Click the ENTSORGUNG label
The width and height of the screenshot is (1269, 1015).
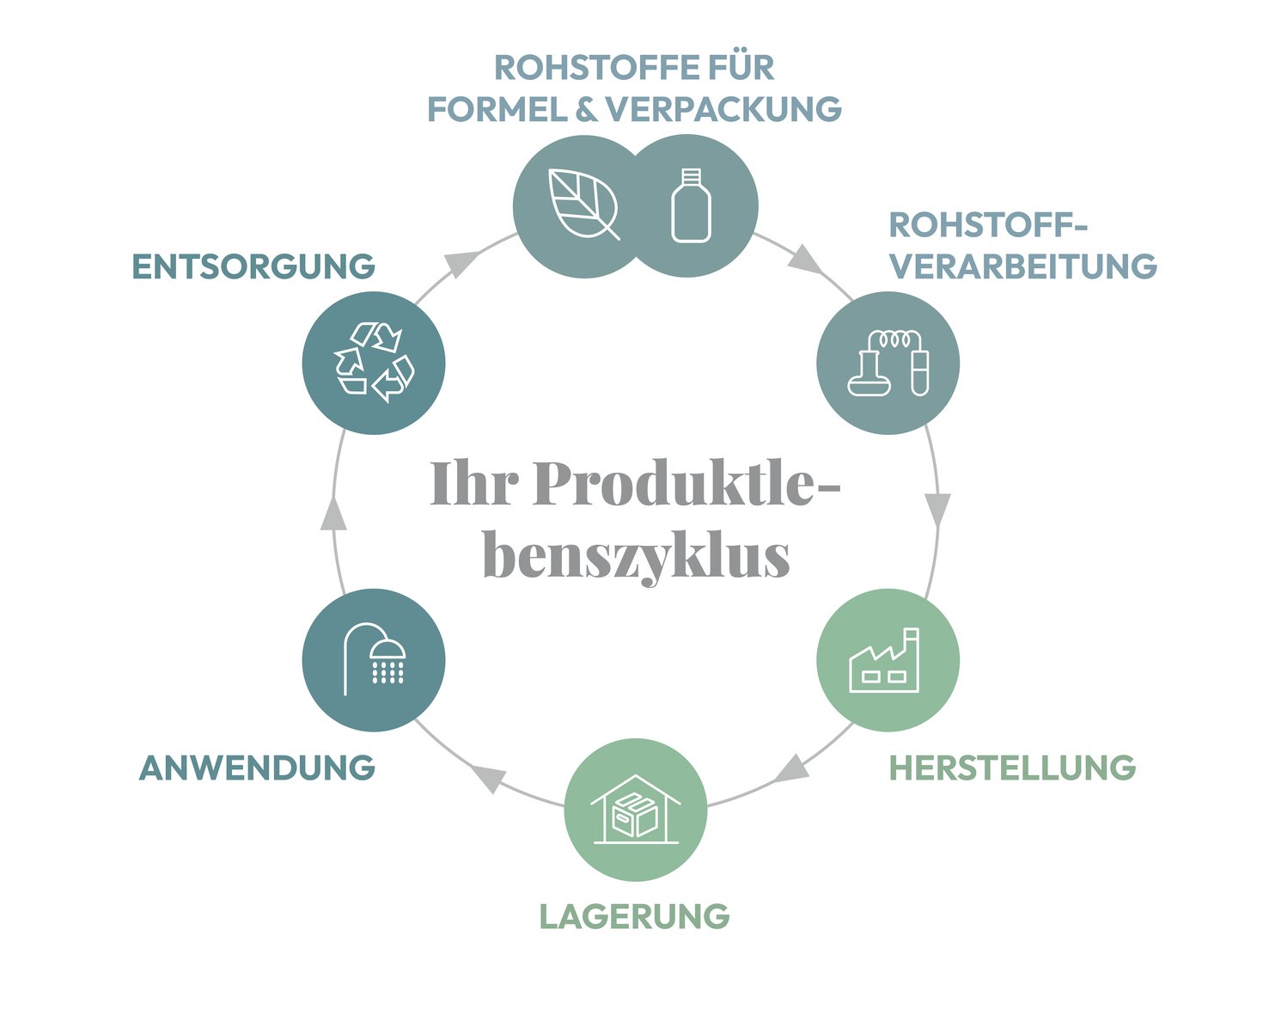tap(253, 266)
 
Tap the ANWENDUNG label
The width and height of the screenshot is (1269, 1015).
tap(257, 767)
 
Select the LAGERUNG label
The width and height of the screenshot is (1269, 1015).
tap(634, 916)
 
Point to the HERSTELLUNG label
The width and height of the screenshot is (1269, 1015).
tap(1012, 767)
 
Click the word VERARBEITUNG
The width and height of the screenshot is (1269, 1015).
tap(1023, 266)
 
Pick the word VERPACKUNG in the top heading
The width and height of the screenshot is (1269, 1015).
tap(723, 109)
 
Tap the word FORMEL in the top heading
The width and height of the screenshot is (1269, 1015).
tap(497, 109)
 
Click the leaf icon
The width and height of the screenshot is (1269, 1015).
tap(583, 204)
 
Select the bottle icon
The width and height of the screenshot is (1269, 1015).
tap(691, 205)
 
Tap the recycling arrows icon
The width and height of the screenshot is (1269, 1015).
tap(374, 362)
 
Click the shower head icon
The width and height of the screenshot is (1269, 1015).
tap(375, 660)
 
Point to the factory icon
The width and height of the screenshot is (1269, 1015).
tap(884, 660)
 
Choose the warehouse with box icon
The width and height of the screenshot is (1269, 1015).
tap(635, 810)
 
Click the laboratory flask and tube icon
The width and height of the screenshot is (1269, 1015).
tap(888, 363)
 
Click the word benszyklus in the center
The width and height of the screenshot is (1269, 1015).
tap(637, 557)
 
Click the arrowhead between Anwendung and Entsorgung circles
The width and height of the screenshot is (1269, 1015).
tap(333, 512)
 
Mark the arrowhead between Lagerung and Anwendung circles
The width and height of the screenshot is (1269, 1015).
tap(489, 778)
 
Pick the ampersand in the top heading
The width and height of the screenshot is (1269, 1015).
tap(586, 109)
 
